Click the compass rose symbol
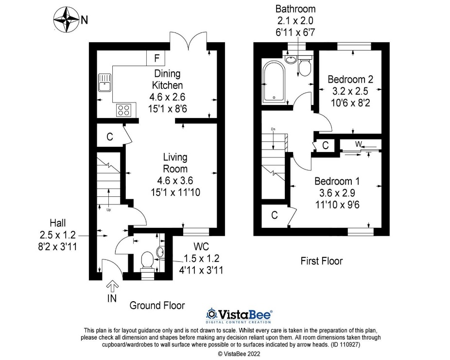click(66, 19)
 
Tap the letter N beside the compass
click(85, 20)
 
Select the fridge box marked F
click(156, 58)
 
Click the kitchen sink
click(104, 83)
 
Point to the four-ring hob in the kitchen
click(124, 110)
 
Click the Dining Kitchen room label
click(167, 79)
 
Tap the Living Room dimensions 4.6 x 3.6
click(175, 180)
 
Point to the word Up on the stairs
click(108, 210)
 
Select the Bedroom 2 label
click(350, 79)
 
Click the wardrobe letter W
click(358, 144)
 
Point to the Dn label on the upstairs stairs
click(273, 129)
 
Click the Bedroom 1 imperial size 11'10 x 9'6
click(337, 205)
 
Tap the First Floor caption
click(321, 261)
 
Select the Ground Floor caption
click(157, 305)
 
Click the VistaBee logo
click(239, 315)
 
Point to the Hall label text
click(58, 223)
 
